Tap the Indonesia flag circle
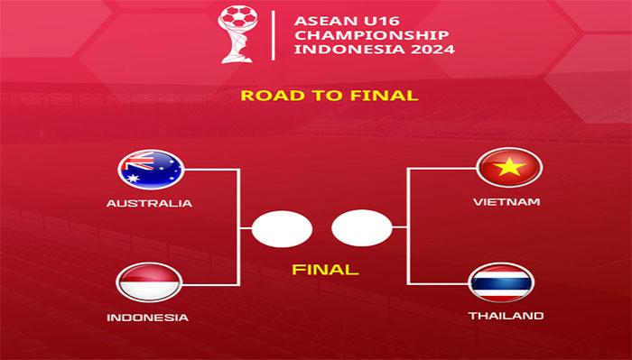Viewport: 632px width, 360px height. pos(150,282)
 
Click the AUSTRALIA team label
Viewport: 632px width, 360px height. pos(149,203)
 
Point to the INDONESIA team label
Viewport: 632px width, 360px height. pos(148,318)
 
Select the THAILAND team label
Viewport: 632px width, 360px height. pos(506,316)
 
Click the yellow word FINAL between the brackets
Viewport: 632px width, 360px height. pos(325,269)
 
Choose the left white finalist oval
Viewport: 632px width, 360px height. pos(282,229)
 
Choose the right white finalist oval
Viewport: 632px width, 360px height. pos(361,229)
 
